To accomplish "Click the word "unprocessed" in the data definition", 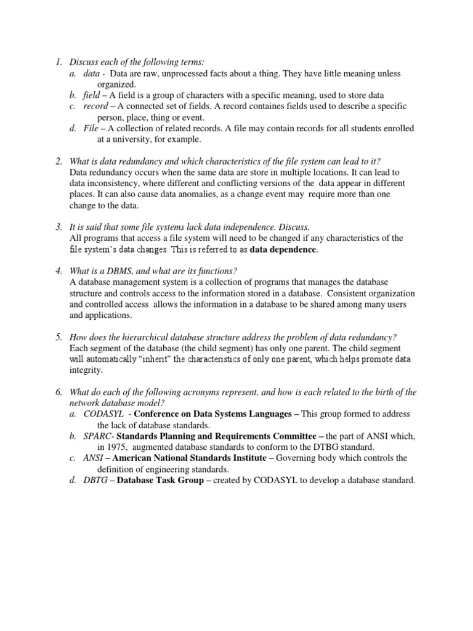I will coord(185,73).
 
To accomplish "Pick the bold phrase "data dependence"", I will coord(283,250).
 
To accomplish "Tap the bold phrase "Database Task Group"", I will coord(161,481).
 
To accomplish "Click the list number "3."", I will coord(59,227).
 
